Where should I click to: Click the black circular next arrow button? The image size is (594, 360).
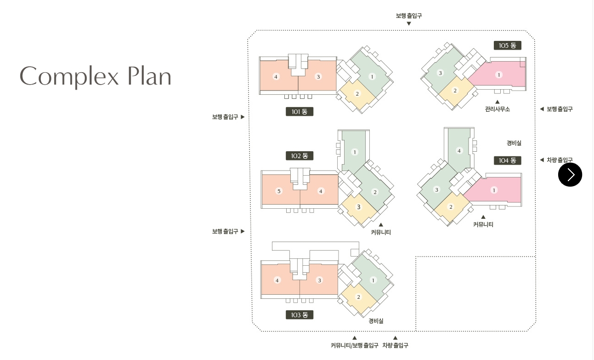(x=570, y=175)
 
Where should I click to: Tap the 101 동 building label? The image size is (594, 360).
(x=300, y=111)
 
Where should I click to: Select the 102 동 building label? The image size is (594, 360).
(x=300, y=156)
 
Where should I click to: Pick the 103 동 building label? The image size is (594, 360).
(x=300, y=315)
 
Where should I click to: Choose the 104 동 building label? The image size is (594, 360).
(x=508, y=160)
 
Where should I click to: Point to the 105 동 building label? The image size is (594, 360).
(x=508, y=45)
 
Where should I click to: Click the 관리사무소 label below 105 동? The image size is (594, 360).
(x=497, y=109)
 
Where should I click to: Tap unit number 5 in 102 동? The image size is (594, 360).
(x=279, y=191)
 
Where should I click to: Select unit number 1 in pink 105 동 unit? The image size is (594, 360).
(x=499, y=74)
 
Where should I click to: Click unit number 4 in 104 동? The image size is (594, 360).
(x=459, y=150)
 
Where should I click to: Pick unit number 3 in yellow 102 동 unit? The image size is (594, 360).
(x=359, y=207)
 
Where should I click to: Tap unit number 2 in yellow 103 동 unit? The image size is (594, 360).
(x=359, y=297)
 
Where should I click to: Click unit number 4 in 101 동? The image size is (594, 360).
(x=276, y=76)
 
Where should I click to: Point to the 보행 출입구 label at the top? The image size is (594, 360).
(x=409, y=16)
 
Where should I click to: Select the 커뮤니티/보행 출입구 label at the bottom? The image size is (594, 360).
(x=355, y=345)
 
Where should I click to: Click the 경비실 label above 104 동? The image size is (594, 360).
(x=514, y=143)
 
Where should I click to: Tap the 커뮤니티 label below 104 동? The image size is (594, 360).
(x=483, y=225)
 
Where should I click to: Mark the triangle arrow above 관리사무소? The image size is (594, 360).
(x=497, y=102)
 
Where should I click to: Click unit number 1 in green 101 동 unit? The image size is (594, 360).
(x=372, y=76)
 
